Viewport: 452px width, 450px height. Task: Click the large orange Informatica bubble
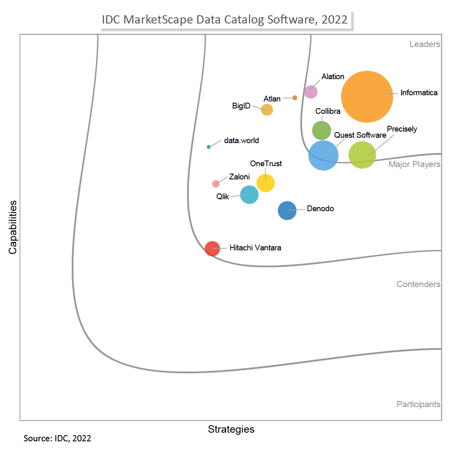pyautogui.click(x=367, y=97)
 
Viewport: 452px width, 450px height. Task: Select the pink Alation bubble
pyautogui.click(x=311, y=92)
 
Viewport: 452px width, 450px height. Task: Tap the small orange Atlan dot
pyautogui.click(x=295, y=98)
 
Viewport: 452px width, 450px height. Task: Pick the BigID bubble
pyautogui.click(x=267, y=110)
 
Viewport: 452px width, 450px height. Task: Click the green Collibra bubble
pyautogui.click(x=321, y=130)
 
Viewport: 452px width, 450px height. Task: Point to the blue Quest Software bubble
pyautogui.click(x=323, y=155)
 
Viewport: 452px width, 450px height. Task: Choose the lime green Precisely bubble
pyautogui.click(x=362, y=155)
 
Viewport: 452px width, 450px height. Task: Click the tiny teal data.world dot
pyautogui.click(x=208, y=147)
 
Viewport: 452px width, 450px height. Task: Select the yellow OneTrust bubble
pyautogui.click(x=265, y=183)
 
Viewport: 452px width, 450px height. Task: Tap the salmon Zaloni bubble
pyautogui.click(x=216, y=184)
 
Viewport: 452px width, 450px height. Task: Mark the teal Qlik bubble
pyautogui.click(x=249, y=195)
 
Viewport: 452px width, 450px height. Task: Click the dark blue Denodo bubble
pyautogui.click(x=287, y=210)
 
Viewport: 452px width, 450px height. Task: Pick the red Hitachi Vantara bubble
pyautogui.click(x=213, y=249)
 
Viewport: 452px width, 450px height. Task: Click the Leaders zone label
pyautogui.click(x=425, y=44)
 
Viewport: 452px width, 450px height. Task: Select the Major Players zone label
pyautogui.click(x=415, y=164)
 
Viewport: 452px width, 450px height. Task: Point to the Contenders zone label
pyautogui.click(x=418, y=284)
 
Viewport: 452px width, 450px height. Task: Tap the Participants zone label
pyautogui.click(x=418, y=404)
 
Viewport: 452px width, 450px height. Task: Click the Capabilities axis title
pyautogui.click(x=13, y=227)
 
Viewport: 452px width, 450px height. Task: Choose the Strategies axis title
pyautogui.click(x=231, y=429)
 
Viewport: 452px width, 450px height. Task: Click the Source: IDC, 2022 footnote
pyautogui.click(x=57, y=438)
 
